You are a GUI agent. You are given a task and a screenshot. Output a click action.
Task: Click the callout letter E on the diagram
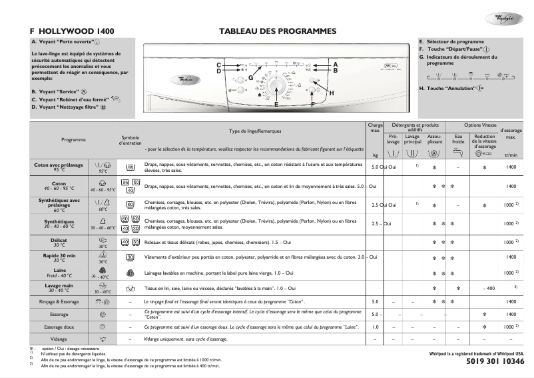tap(276, 105)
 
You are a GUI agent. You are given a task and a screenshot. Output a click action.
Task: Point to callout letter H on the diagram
tap(331, 93)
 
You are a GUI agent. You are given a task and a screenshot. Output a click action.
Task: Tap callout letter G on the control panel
tap(250, 78)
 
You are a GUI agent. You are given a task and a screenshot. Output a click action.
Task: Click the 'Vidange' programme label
tap(59, 339)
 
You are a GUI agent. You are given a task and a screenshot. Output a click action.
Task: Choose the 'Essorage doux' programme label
tap(59, 327)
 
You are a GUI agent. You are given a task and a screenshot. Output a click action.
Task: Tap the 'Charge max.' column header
tap(375, 128)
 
